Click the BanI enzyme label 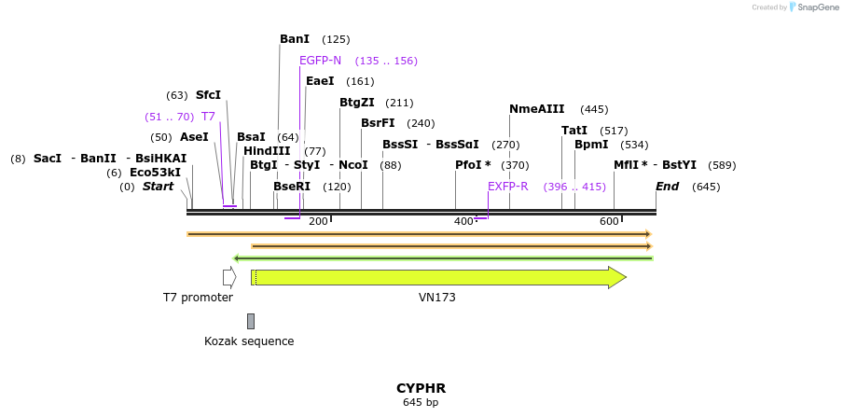[x=295, y=39]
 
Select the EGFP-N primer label [x=320, y=61]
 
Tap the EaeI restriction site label [x=320, y=81]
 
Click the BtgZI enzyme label [x=356, y=103]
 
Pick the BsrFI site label [x=378, y=123]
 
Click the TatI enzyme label [x=574, y=131]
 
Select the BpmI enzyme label [x=591, y=145]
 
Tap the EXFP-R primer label [x=507, y=187]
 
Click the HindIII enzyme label [x=267, y=151]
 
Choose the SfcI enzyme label [x=208, y=95]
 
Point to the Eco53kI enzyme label [x=155, y=173]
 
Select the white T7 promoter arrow [x=229, y=277]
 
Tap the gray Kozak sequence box [x=251, y=321]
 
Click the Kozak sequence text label [x=249, y=341]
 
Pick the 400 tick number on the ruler [x=463, y=221]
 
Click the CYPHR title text [x=421, y=388]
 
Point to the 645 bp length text [x=421, y=403]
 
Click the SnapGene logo [x=813, y=7]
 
